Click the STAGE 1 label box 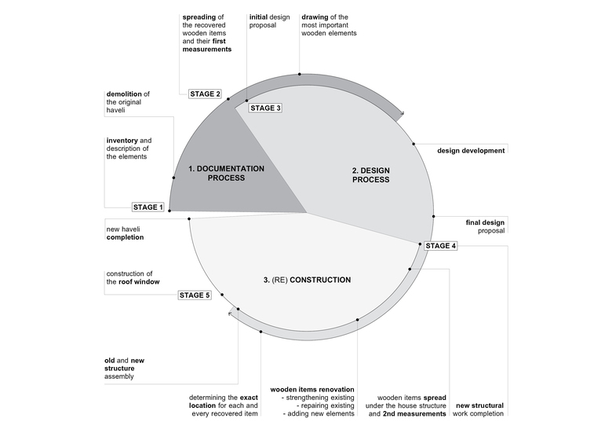148,207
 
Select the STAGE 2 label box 206,94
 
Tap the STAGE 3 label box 264,108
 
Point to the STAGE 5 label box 195,295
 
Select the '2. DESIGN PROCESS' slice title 370,174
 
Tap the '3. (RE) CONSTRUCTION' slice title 307,280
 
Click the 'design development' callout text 471,150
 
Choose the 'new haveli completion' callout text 125,233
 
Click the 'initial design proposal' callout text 268,20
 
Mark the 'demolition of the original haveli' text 128,102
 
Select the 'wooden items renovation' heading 312,389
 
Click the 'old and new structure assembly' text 124,369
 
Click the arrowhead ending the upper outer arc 401,115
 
